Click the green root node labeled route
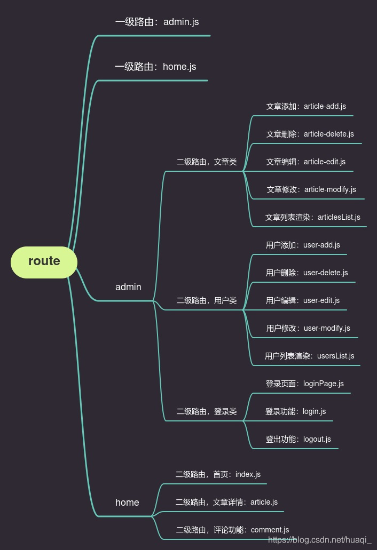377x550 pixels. click(x=44, y=261)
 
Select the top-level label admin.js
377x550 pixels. click(x=157, y=22)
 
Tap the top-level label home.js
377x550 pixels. click(x=155, y=67)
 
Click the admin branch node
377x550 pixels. click(x=128, y=287)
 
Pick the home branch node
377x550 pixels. click(x=127, y=503)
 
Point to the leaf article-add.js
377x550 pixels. click(x=306, y=106)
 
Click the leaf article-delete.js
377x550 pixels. click(x=310, y=134)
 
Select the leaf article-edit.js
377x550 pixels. click(x=305, y=162)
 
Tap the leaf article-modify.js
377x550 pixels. click(x=311, y=189)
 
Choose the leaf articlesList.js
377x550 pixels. click(x=312, y=217)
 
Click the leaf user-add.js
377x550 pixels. click(x=303, y=245)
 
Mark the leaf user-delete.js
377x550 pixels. click(x=307, y=273)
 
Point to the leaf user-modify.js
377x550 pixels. click(x=308, y=328)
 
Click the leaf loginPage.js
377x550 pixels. click(x=304, y=384)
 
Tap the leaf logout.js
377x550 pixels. click(x=298, y=439)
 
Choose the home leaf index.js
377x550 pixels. click(x=218, y=474)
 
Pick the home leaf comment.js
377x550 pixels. click(x=232, y=530)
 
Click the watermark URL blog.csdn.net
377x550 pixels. click(x=319, y=540)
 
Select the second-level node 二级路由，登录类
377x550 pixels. click(x=207, y=411)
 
